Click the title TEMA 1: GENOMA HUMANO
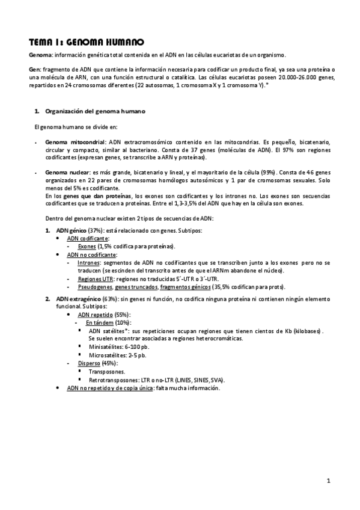[87, 42]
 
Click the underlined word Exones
[87, 246]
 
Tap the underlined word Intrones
[88, 263]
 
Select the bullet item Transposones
[107, 372]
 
